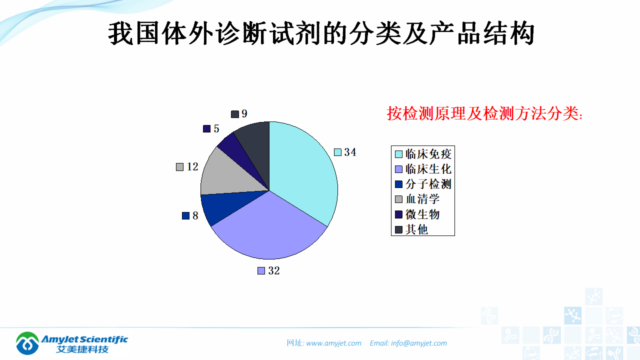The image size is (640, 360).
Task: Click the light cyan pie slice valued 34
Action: click(305, 170)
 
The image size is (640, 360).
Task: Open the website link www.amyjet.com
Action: click(333, 343)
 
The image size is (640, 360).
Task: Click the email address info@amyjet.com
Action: click(419, 343)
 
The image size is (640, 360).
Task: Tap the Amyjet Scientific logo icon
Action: click(27, 343)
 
